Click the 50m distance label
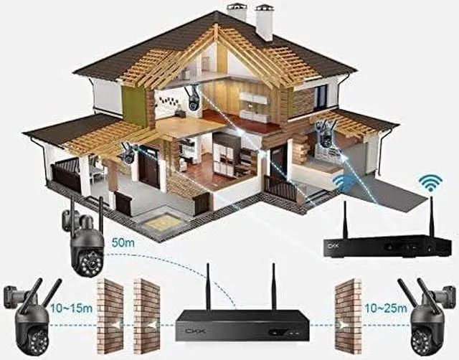point(124,243)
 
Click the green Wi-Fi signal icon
point(430,182)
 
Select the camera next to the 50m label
point(85,243)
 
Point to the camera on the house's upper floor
point(193,99)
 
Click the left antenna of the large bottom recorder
point(208,286)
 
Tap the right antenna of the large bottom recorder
point(273,286)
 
